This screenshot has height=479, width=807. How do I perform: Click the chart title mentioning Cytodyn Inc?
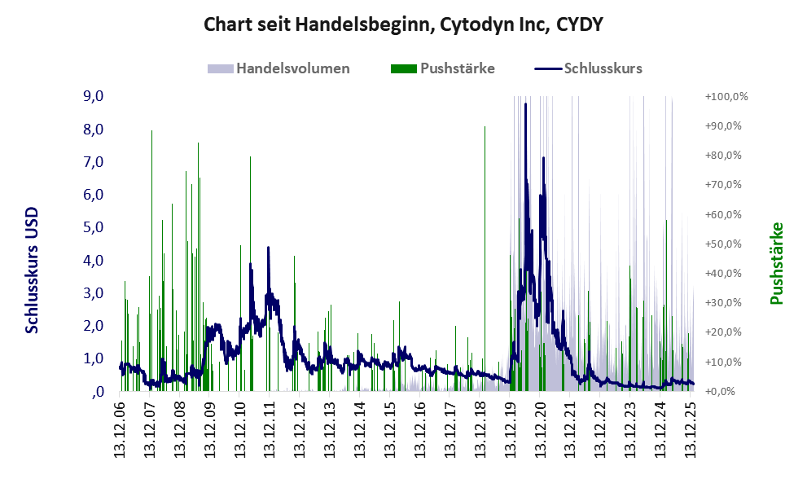click(403, 24)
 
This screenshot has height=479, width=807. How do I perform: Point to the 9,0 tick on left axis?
click(94, 96)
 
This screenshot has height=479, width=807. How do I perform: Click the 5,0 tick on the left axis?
click(94, 227)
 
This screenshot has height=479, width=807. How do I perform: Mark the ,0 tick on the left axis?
click(98, 391)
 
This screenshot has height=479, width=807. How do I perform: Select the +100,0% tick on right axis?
click(726, 96)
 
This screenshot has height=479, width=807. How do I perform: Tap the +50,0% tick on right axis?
click(726, 244)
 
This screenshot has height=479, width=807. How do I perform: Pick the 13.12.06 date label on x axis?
click(120, 428)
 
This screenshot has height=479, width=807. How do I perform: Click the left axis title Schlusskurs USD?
click(33, 270)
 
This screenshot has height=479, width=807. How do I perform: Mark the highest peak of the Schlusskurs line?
click(525, 105)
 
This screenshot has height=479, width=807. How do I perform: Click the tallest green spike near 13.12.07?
click(151, 132)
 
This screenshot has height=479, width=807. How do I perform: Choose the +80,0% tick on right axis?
click(726, 155)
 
